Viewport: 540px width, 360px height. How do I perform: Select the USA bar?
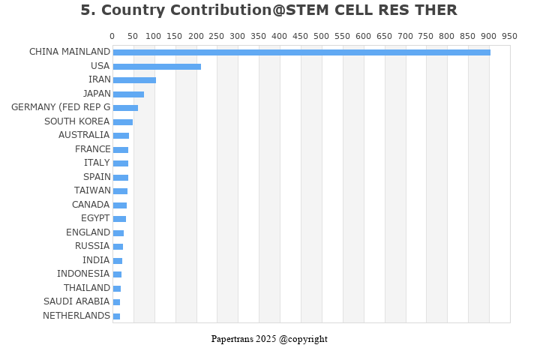[x=157, y=66]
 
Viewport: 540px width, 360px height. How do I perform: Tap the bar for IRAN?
[x=134, y=80]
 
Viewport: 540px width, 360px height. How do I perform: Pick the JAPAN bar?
[x=128, y=94]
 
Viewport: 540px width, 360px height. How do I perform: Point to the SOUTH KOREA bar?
[x=123, y=121]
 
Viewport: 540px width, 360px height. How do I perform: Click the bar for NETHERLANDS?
[x=116, y=316]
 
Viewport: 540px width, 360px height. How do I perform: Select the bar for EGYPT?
[x=119, y=219]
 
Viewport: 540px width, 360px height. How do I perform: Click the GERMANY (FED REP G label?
[x=61, y=107]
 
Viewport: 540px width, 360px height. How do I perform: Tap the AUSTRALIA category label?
[x=84, y=135]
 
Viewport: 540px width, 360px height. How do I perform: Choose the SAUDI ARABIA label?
[x=76, y=301]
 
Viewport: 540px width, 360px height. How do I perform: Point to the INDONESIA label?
[x=83, y=274]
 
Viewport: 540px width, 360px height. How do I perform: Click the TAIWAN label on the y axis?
[x=92, y=190]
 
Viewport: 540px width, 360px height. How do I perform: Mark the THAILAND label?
[x=87, y=288]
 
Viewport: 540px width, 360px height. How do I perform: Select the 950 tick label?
[x=510, y=36]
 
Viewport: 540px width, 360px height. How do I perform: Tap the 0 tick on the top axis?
[x=112, y=36]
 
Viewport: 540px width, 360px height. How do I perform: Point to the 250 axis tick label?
[x=217, y=36]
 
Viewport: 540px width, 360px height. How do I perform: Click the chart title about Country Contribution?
[x=268, y=10]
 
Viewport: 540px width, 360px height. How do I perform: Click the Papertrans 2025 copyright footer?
[x=269, y=339]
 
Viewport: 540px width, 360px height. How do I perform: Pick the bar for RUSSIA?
[x=118, y=247]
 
